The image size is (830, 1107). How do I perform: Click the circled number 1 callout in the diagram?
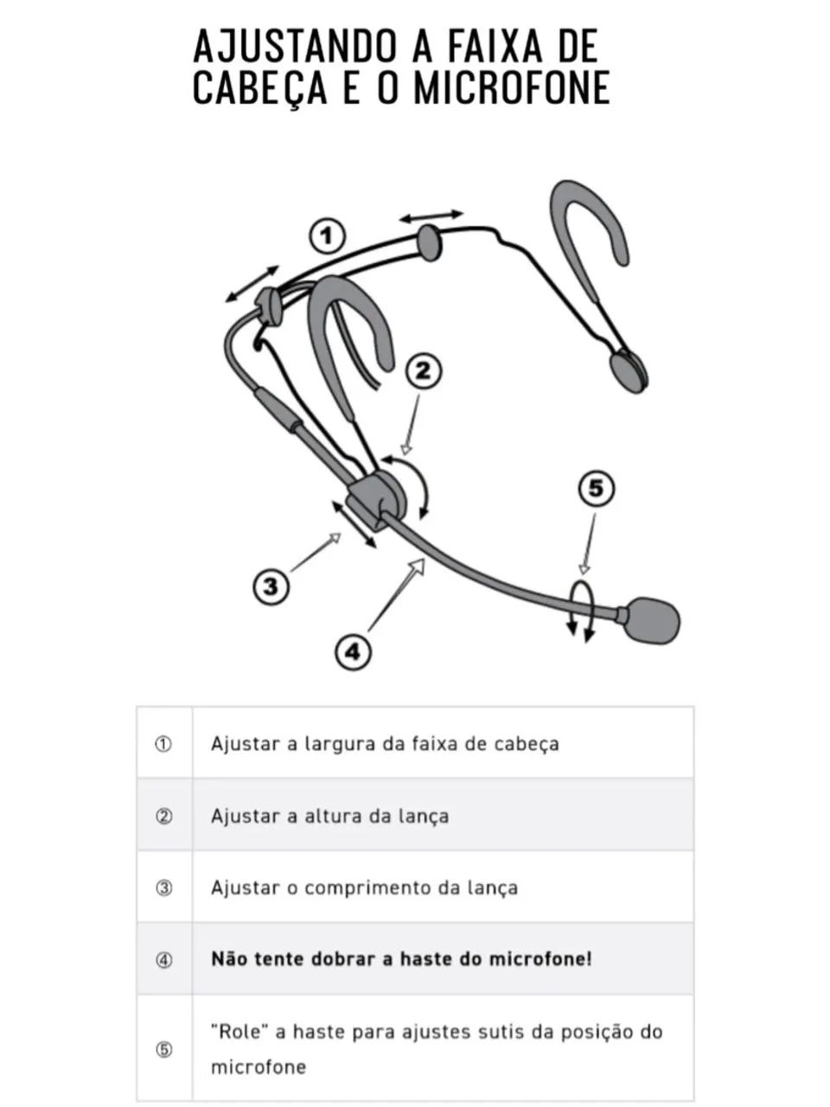[x=326, y=235]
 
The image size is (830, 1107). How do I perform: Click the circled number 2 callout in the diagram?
[x=424, y=371]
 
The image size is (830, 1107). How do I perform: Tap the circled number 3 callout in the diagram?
[x=271, y=586]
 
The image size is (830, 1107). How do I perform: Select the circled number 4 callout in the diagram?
[x=353, y=650]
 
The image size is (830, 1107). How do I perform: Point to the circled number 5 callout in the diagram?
[x=596, y=490]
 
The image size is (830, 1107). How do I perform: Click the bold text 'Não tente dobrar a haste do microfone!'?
[x=401, y=958]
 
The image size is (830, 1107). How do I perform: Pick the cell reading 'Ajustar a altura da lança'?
[x=329, y=816]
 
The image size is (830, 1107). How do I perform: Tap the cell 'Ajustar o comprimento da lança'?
[x=364, y=887]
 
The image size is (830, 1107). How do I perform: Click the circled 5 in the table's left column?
[x=163, y=1049]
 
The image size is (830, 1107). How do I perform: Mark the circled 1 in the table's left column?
[x=163, y=744]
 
